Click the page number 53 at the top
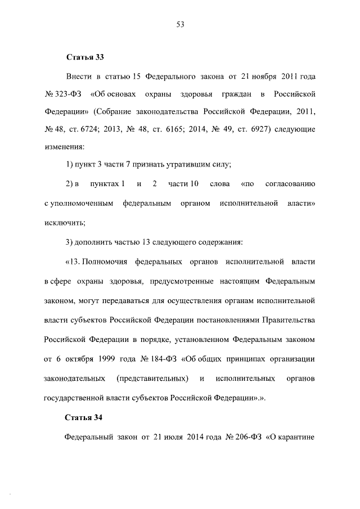(x=181, y=24)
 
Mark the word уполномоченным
(x=79, y=202)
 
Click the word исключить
(x=64, y=222)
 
